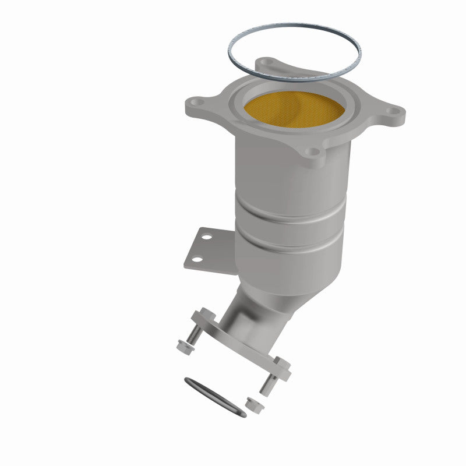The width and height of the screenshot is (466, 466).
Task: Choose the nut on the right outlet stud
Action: pyautogui.click(x=252, y=403)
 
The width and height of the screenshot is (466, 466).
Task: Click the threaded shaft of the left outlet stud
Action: pyautogui.click(x=195, y=335)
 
